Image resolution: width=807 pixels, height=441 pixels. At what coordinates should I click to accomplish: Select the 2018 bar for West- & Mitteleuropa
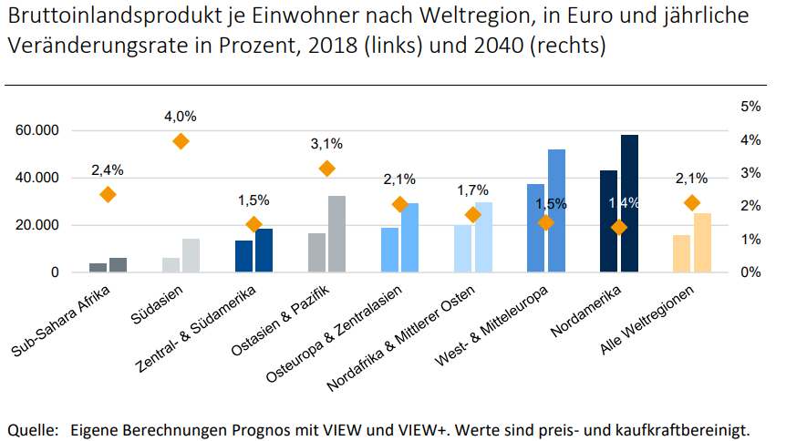click(535, 228)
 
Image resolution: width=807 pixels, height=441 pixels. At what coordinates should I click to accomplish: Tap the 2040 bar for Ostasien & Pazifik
click(336, 234)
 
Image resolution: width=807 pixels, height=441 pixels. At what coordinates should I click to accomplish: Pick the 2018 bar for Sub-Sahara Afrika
click(98, 267)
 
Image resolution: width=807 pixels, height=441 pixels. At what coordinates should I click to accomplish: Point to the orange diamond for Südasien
click(181, 141)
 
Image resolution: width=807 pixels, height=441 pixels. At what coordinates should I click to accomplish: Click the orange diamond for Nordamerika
click(619, 227)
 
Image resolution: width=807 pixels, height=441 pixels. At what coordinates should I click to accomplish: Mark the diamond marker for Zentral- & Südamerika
click(253, 224)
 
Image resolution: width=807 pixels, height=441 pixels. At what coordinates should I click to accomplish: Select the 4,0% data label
click(181, 117)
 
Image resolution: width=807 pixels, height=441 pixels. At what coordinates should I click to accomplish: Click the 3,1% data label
click(326, 143)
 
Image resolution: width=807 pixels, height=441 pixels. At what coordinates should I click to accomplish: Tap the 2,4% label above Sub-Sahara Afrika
click(107, 169)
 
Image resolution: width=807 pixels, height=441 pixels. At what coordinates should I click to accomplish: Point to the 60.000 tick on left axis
click(38, 131)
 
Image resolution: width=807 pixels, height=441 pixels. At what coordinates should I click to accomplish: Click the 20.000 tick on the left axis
click(38, 225)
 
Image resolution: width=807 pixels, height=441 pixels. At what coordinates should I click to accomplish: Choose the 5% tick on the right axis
click(750, 107)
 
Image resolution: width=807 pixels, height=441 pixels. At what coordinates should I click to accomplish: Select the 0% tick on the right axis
click(750, 272)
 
